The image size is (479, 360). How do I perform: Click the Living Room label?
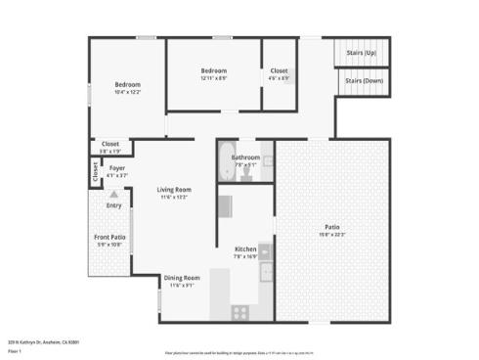click(x=175, y=189)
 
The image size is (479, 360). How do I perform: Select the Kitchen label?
click(x=245, y=248)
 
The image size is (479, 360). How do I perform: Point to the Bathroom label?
click(x=245, y=157)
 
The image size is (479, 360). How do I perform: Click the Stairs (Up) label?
click(x=363, y=52)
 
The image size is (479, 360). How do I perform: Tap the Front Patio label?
click(x=109, y=238)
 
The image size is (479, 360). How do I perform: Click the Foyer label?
click(x=117, y=168)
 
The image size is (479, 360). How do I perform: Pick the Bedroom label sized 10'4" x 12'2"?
click(x=128, y=84)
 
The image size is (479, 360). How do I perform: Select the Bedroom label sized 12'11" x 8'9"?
click(x=214, y=70)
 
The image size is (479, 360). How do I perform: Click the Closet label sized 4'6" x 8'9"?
click(x=280, y=70)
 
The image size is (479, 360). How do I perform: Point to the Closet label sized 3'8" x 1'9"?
click(x=110, y=144)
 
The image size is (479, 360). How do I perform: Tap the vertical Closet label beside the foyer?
click(x=95, y=172)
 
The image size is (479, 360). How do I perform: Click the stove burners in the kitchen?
click(x=239, y=312)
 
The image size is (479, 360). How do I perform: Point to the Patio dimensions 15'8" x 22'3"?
click(x=331, y=234)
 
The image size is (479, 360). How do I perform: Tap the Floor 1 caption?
click(x=15, y=350)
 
